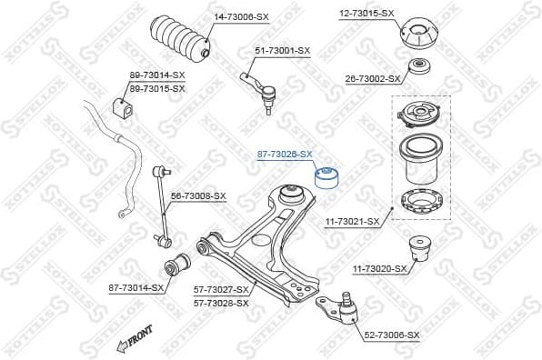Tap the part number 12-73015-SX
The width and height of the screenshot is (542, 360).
366,13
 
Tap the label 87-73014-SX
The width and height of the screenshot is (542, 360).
136,287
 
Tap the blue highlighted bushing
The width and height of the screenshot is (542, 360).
326,175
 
